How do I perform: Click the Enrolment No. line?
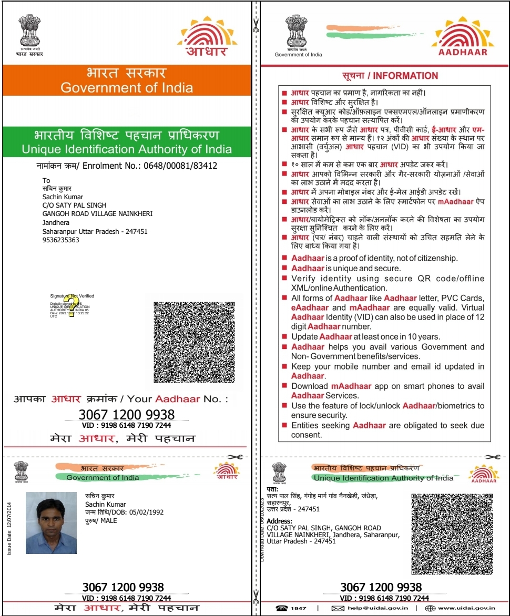click(129, 166)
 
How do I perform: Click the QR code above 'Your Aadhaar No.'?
click(193, 342)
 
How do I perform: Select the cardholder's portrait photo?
click(51, 522)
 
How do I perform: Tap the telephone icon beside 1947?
click(281, 608)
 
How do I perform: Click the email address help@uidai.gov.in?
click(376, 608)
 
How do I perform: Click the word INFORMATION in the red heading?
click(405, 76)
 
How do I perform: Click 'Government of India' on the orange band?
click(127, 88)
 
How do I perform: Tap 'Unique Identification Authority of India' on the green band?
click(127, 149)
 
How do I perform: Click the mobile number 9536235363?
click(61, 240)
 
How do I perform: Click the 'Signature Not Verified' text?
click(72, 296)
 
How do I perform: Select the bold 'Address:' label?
click(280, 521)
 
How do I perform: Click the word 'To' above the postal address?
click(46, 180)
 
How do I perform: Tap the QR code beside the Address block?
click(452, 533)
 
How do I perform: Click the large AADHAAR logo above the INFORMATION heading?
click(463, 37)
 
